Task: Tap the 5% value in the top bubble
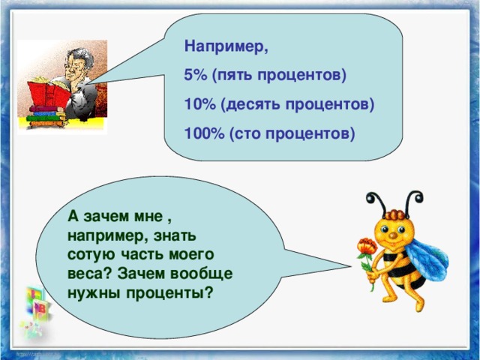pos(196,76)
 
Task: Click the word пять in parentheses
pos(239,76)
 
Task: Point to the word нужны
pos(91,291)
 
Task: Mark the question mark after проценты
pos(208,291)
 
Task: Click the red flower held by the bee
pos(366,248)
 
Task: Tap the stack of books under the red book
pos(45,117)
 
